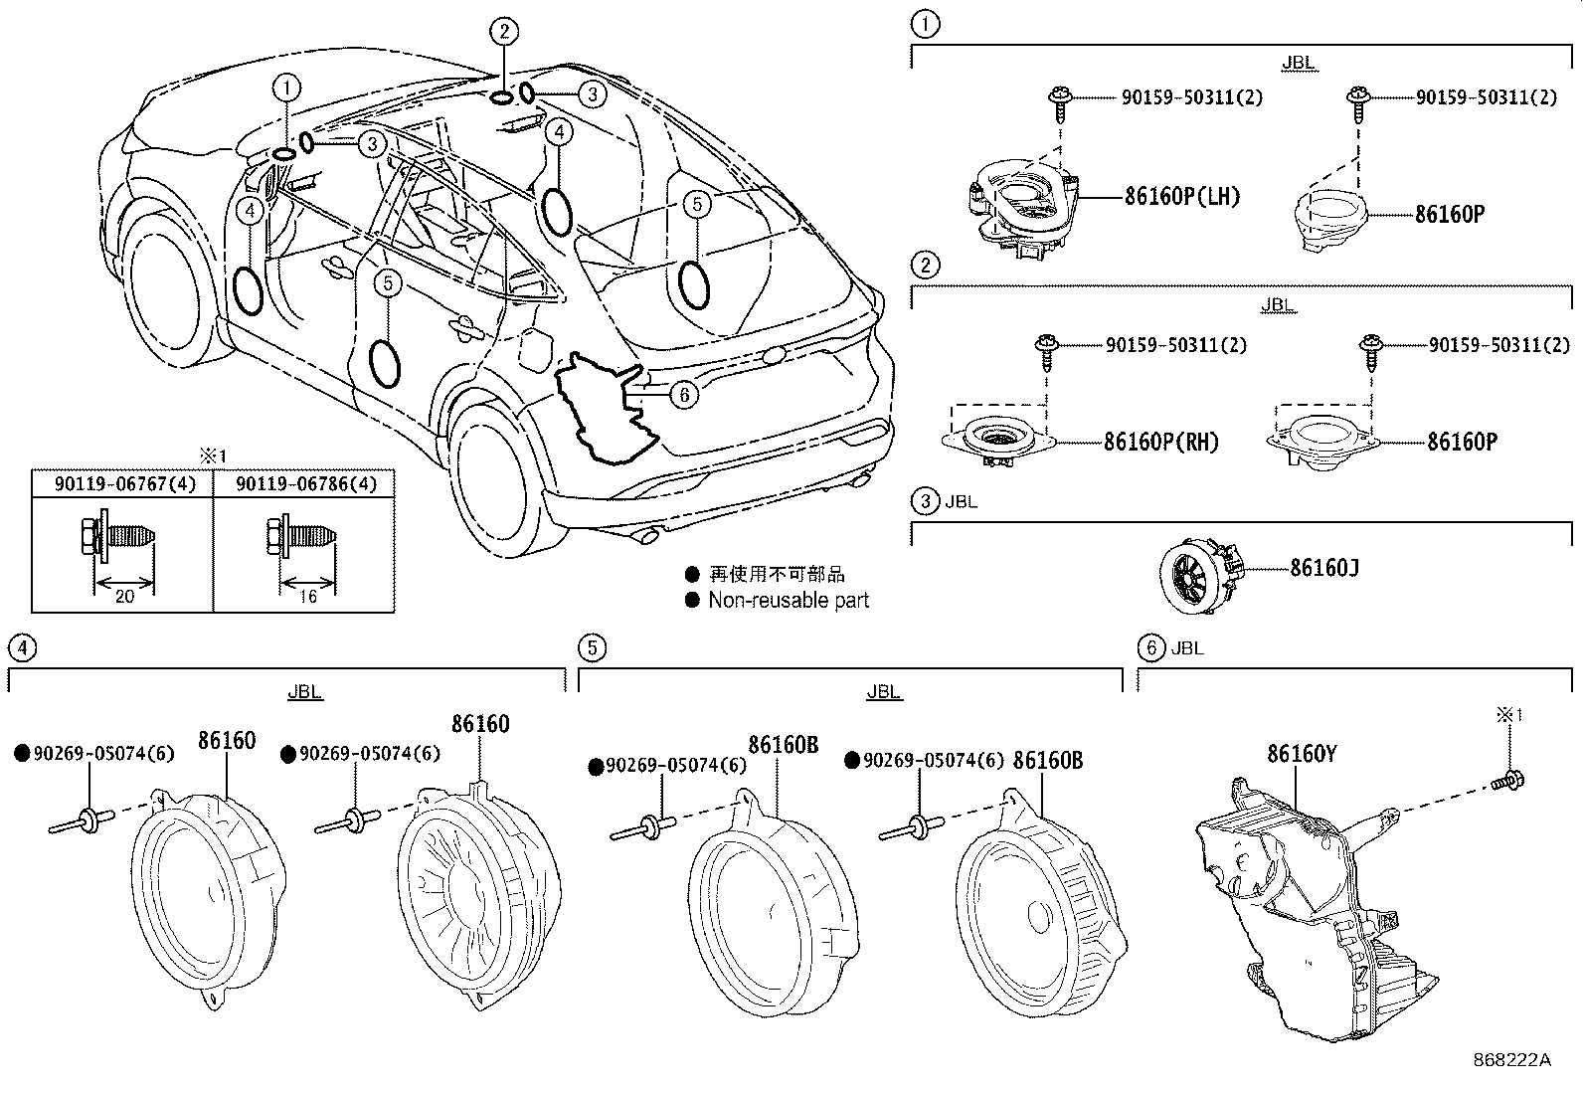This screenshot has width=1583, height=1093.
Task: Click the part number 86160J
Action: (x=1323, y=568)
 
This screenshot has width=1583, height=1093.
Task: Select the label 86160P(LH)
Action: (x=1181, y=196)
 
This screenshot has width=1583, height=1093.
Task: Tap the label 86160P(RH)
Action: (x=1160, y=442)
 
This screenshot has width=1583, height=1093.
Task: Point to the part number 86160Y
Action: (x=1301, y=754)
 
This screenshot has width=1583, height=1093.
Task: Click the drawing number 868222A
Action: (x=1511, y=1059)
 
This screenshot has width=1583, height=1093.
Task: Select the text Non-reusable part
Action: (x=788, y=600)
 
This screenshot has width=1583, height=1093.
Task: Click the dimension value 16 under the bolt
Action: (x=307, y=596)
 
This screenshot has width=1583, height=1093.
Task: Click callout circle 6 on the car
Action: (x=683, y=395)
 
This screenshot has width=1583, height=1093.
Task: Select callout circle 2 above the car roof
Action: (x=504, y=33)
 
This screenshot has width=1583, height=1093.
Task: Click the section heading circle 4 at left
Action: (x=21, y=648)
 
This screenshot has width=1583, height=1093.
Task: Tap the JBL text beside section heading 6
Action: (x=1187, y=648)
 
